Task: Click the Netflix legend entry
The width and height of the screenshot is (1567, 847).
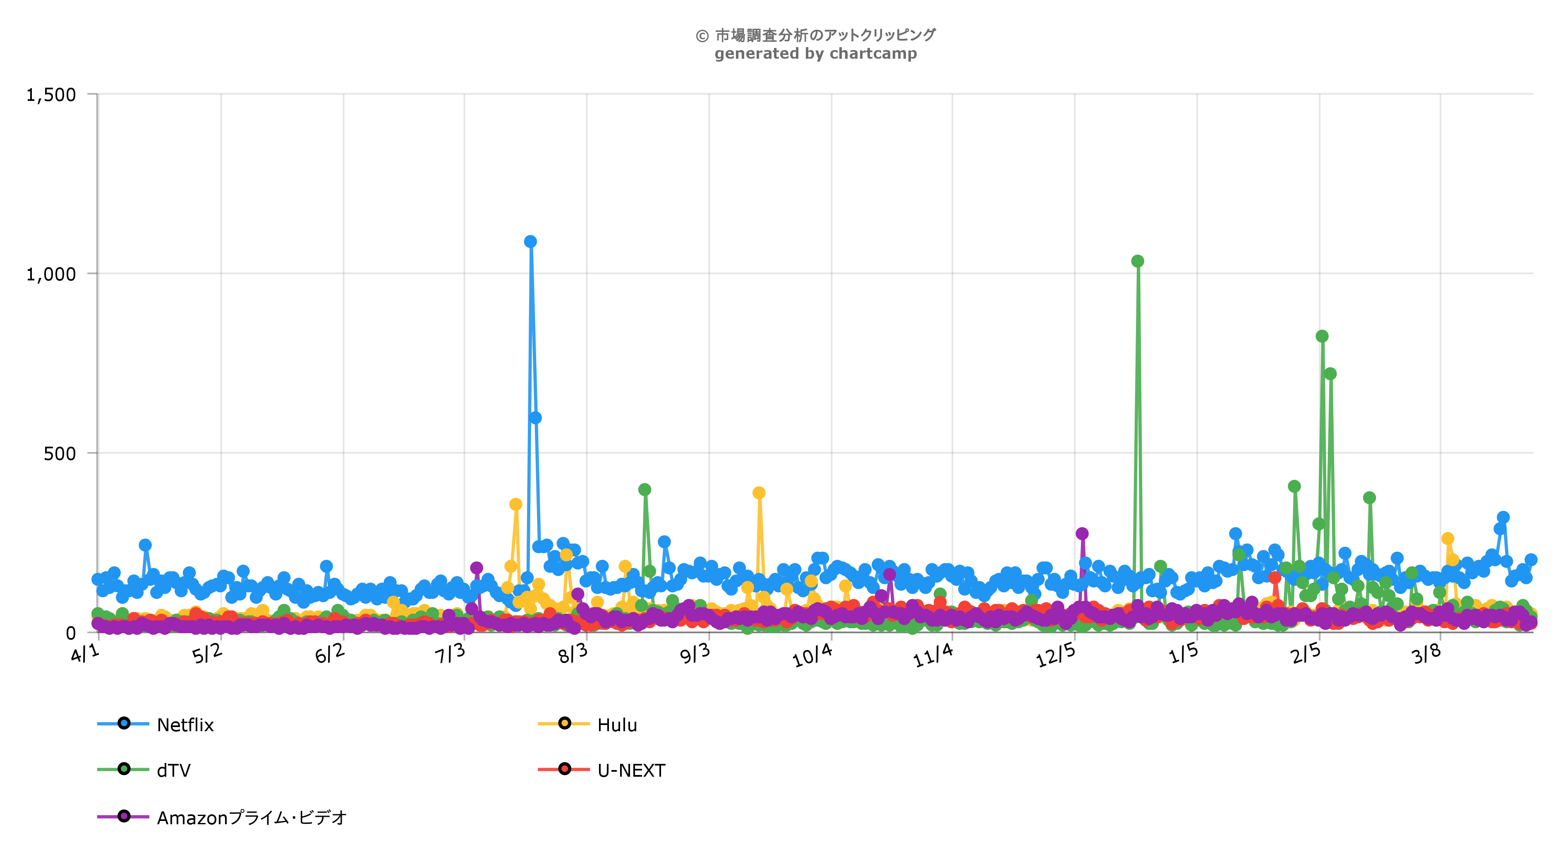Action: coord(186,725)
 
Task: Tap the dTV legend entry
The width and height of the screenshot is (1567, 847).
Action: coord(174,770)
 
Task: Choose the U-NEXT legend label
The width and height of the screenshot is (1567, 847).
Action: coord(631,770)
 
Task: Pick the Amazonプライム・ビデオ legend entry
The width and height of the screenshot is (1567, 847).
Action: coord(251,817)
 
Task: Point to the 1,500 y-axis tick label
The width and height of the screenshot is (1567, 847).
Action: coord(51,95)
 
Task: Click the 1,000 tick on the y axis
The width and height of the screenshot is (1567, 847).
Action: coord(51,274)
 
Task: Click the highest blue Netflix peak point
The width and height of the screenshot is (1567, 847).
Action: coord(530,242)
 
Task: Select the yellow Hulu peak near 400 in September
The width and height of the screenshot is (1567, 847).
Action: coord(759,493)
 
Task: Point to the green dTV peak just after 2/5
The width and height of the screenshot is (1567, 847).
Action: coord(1322,336)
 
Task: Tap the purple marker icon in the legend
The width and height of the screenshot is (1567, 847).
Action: coord(124,816)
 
